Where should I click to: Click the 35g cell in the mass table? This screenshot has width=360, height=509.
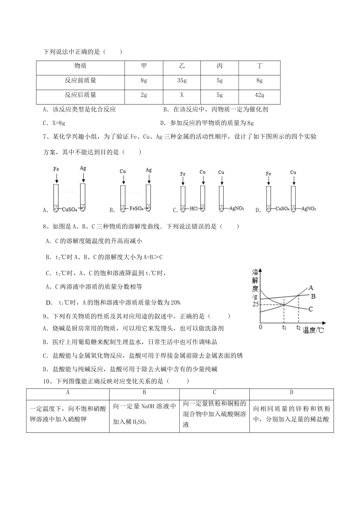tap(182, 81)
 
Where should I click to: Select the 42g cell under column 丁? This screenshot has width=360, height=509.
tap(259, 95)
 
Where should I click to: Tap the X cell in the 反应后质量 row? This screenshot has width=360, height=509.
tap(182, 95)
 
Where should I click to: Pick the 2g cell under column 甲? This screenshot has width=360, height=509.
tap(144, 95)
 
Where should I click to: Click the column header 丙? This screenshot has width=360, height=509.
tap(219, 66)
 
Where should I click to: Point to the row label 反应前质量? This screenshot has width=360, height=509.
tap(80, 80)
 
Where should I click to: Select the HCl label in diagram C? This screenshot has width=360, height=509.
tap(194, 209)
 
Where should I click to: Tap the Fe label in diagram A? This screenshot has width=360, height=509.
tap(56, 169)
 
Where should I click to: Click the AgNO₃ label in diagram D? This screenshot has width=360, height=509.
tap(308, 209)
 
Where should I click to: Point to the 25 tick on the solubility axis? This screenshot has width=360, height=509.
tap(255, 304)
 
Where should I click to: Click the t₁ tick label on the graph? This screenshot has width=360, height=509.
tap(284, 328)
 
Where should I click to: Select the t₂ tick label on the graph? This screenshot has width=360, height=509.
tap(299, 328)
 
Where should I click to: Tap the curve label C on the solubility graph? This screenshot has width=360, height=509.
tap(310, 309)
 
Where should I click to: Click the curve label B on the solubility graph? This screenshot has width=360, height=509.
tap(313, 296)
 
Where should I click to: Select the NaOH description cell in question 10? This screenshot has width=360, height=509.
tap(144, 414)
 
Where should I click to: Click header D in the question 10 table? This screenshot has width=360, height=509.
tap(291, 392)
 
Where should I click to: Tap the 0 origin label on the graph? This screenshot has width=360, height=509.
tap(260, 327)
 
